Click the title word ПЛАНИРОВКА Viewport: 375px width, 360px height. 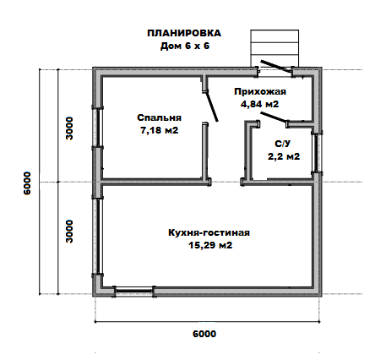[x=184, y=33]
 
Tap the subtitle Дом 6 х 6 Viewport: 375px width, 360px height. [x=185, y=46]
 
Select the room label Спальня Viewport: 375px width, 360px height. [x=159, y=117]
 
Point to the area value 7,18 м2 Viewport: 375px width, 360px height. [x=159, y=130]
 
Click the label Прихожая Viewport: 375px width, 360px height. [x=260, y=92]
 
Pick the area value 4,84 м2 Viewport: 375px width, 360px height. [x=259, y=104]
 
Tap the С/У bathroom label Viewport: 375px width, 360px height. [x=283, y=144]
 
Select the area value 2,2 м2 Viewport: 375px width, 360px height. [x=284, y=156]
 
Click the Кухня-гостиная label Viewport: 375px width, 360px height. [x=209, y=233]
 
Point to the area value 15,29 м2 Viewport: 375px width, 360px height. [x=210, y=245]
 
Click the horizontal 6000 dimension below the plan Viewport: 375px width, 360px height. [x=204, y=334]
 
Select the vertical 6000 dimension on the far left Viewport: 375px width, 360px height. [x=27, y=183]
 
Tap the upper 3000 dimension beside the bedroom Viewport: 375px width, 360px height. [x=69, y=128]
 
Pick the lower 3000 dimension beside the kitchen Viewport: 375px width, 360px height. [x=69, y=232]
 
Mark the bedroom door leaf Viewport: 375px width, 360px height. [x=212, y=106]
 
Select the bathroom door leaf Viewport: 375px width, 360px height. [x=274, y=117]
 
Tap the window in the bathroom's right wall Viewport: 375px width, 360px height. [x=318, y=152]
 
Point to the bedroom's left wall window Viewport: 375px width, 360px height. [x=97, y=128]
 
